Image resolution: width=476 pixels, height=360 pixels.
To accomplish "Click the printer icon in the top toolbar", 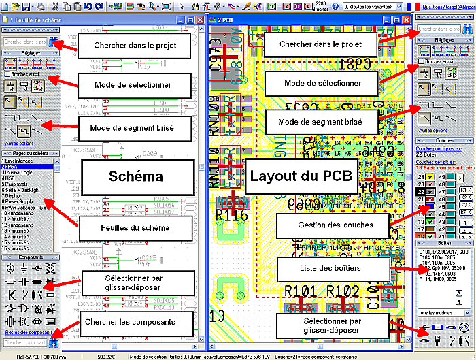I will point(40,6).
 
